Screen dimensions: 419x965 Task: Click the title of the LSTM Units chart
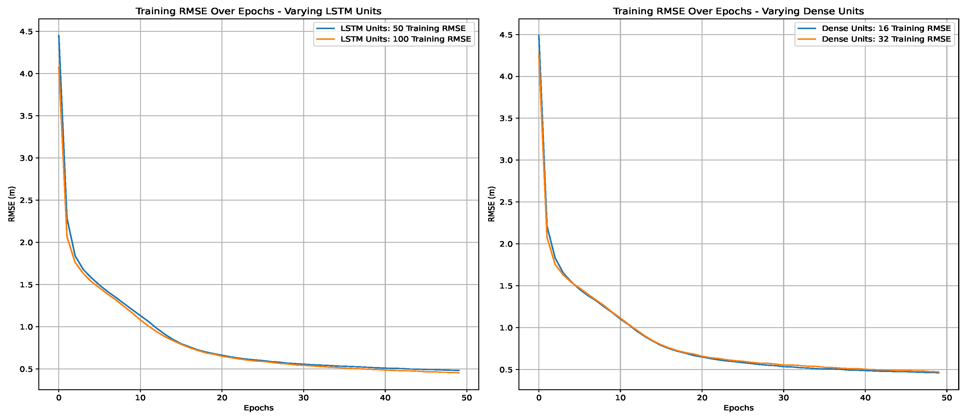258,11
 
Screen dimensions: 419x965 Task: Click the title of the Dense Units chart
738,11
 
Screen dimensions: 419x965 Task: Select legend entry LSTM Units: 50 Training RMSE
403,29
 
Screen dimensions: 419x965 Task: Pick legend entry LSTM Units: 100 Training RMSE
405,39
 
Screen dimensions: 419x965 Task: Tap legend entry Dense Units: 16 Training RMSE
886,29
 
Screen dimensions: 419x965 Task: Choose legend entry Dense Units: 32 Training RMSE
886,39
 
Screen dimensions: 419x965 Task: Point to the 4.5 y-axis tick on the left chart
26,31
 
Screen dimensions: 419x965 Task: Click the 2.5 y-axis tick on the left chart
26,200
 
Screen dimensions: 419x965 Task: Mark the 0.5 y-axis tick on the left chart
26,369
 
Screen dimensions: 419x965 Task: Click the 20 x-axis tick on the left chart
222,398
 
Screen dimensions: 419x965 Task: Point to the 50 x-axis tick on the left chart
467,398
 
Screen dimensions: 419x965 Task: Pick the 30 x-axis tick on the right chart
784,398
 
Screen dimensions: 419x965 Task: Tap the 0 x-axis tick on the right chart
539,398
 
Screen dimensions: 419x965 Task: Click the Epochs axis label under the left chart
258,408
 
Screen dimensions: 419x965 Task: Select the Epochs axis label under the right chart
738,408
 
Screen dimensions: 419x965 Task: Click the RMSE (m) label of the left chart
12,204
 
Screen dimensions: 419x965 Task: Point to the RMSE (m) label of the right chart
492,204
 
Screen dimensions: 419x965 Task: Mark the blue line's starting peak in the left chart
59,36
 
